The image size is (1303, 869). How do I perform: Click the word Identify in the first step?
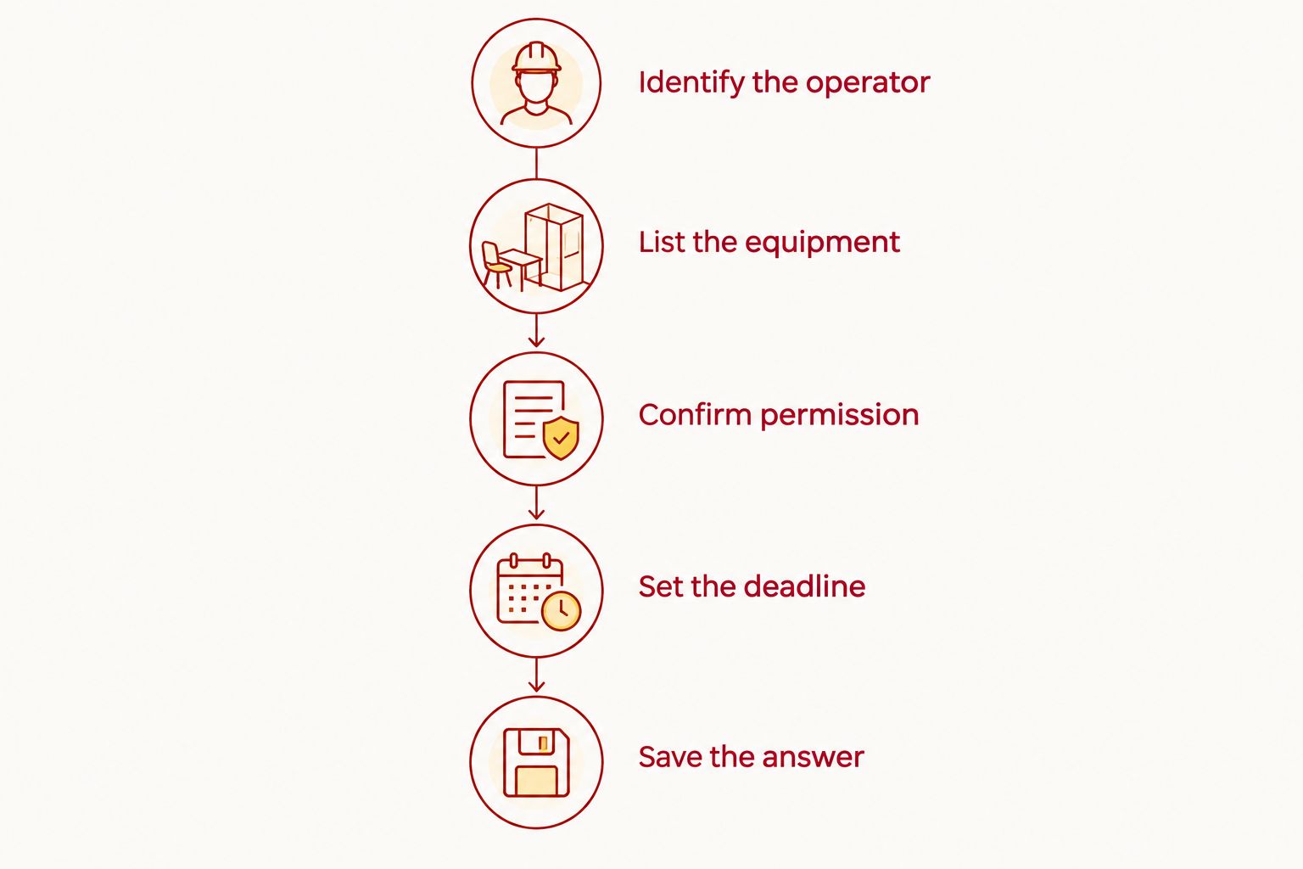pyautogui.click(x=691, y=82)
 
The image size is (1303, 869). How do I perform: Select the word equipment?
pyautogui.click(x=823, y=243)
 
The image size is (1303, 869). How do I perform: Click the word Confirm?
pyautogui.click(x=695, y=415)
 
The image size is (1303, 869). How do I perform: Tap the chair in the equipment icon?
pyautogui.click(x=495, y=265)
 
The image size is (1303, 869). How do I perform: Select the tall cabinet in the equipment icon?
pyautogui.click(x=554, y=246)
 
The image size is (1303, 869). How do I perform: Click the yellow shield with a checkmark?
pyautogui.click(x=561, y=438)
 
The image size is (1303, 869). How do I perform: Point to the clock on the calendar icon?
pyautogui.click(x=562, y=611)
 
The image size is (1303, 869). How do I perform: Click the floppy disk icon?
pyautogui.click(x=536, y=762)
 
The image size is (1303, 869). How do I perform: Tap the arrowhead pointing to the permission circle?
pyautogui.click(x=536, y=340)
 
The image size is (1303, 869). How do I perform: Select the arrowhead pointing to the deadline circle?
pyautogui.click(x=536, y=513)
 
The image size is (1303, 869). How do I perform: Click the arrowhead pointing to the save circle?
pyautogui.click(x=536, y=685)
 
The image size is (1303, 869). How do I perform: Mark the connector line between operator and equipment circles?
pyautogui.click(x=536, y=163)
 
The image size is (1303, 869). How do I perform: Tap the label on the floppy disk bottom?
pyautogui.click(x=536, y=781)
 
